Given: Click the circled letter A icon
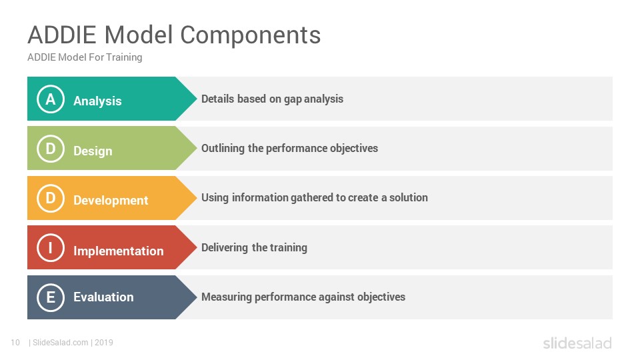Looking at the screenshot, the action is coord(51,99).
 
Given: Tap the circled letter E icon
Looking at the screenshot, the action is coord(51,297).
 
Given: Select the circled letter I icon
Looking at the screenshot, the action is coord(51,247).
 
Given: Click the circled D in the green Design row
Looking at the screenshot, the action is coord(51,149).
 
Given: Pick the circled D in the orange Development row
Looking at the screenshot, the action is coord(51,198).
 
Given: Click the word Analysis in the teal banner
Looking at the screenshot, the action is coord(97,101).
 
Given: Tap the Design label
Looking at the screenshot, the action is coord(93,151).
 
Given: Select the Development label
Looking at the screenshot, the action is coord(111,201).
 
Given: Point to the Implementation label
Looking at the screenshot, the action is coord(119,251).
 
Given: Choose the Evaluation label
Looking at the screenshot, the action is coord(104,297).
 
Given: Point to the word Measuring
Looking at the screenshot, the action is coord(227,297).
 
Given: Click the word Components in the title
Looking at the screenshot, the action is coord(250,35).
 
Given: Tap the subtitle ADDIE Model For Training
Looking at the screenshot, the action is coord(85,57).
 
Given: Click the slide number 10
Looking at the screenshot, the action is coord(15,343).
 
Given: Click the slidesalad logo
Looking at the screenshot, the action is coord(577,343).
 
